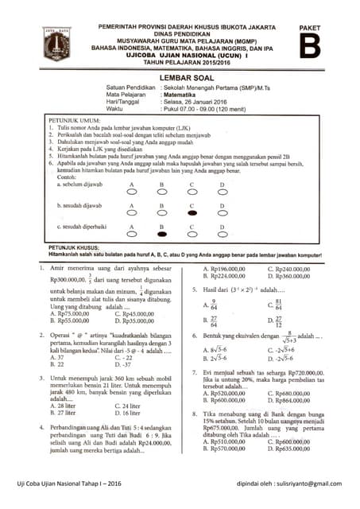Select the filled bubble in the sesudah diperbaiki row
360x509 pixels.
coord(161,235)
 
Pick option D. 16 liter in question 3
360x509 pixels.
coord(116,414)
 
